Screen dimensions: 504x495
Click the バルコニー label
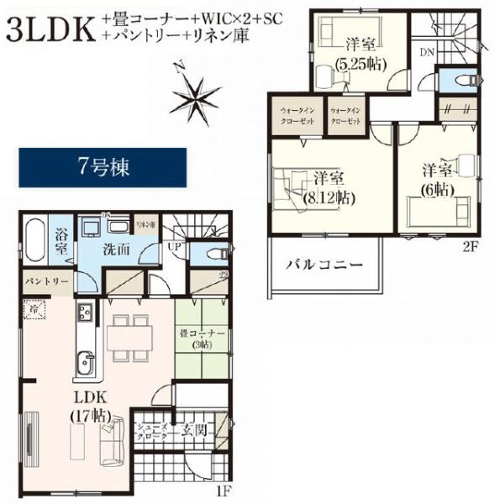point(324,265)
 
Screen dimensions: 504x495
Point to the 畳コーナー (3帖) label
point(203,339)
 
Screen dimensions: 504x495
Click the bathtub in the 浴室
point(34,244)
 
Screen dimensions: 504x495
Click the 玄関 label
point(195,430)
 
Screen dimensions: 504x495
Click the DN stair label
point(428,52)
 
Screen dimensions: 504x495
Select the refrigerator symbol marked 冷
point(35,312)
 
